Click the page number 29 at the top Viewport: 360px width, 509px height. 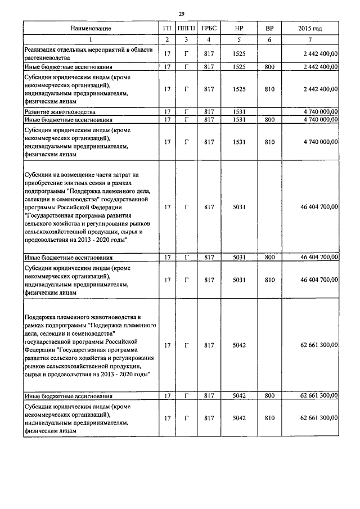point(182,14)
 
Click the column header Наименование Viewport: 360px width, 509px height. point(91,28)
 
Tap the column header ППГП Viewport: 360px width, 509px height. point(186,28)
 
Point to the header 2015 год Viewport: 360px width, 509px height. point(310,28)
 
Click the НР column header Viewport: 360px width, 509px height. point(239,28)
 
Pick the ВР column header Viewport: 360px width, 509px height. point(269,28)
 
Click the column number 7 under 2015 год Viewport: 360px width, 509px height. point(310,39)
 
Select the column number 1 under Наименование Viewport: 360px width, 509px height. point(91,39)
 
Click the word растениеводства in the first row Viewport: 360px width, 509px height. point(47,58)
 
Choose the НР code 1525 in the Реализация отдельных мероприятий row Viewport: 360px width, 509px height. point(239,54)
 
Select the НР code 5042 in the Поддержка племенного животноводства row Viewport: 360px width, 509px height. point(239,345)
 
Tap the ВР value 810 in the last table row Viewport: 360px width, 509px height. point(269,418)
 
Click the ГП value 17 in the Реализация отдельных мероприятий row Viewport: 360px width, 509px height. point(167,54)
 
